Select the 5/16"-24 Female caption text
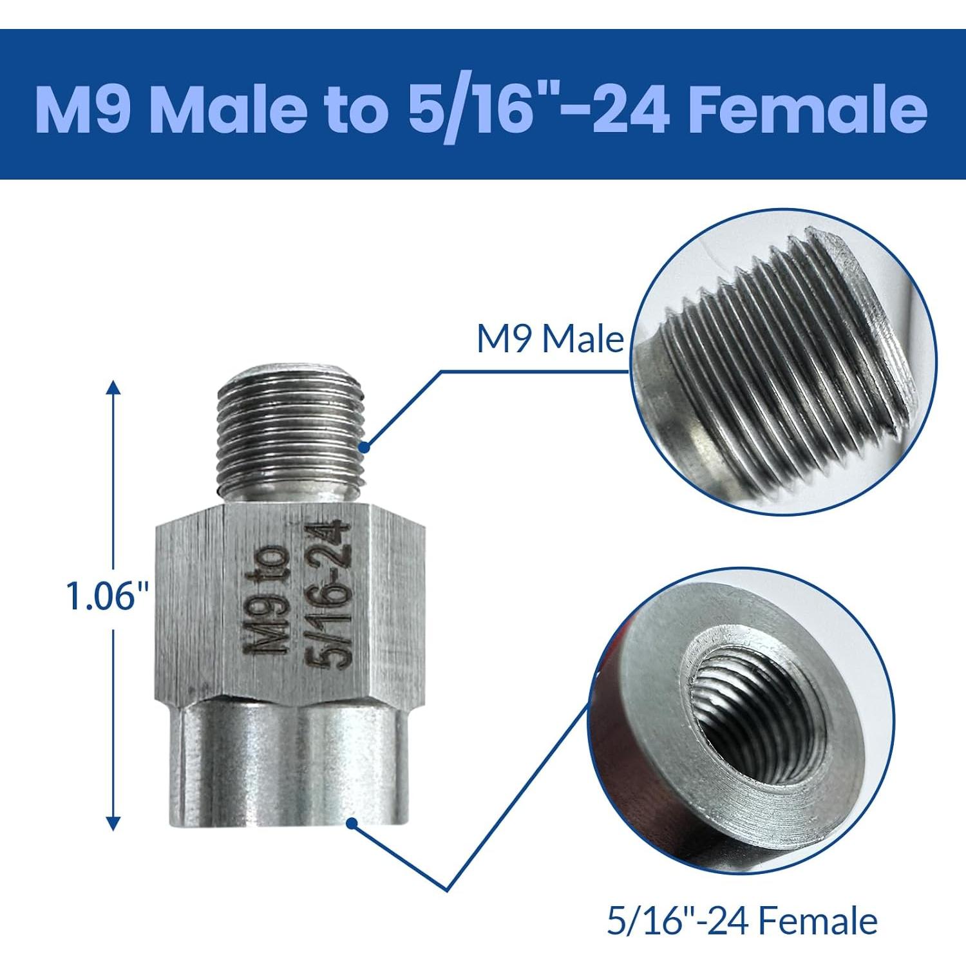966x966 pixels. (x=742, y=921)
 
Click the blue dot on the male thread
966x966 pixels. (x=365, y=446)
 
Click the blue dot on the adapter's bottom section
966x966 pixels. (x=352, y=822)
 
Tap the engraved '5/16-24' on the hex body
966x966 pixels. (x=330, y=596)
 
